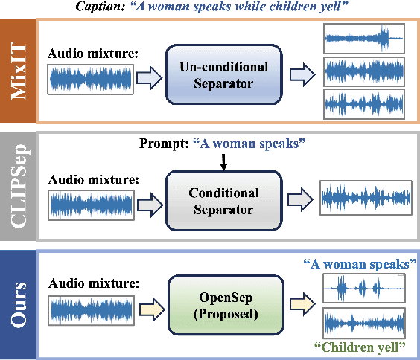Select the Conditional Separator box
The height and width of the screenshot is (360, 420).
pos(223,200)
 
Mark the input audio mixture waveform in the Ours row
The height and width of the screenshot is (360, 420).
pos(90,312)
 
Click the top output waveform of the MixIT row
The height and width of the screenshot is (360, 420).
pos(364,38)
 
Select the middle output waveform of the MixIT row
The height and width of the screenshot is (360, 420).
pos(364,71)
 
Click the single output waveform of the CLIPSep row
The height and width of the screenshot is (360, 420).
pos(366,199)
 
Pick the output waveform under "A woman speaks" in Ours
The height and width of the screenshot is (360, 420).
pos(364,287)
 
